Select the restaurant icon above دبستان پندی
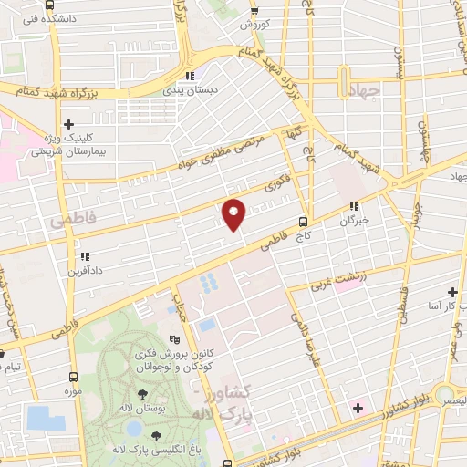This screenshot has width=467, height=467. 190,76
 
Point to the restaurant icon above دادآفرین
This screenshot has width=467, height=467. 84,256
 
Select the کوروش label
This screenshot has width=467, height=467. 257,25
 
